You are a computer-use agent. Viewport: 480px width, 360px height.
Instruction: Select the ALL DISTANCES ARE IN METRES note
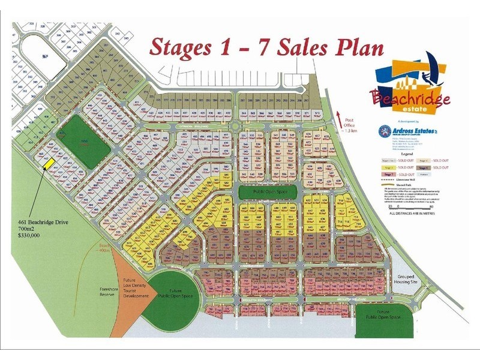[415, 213]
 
